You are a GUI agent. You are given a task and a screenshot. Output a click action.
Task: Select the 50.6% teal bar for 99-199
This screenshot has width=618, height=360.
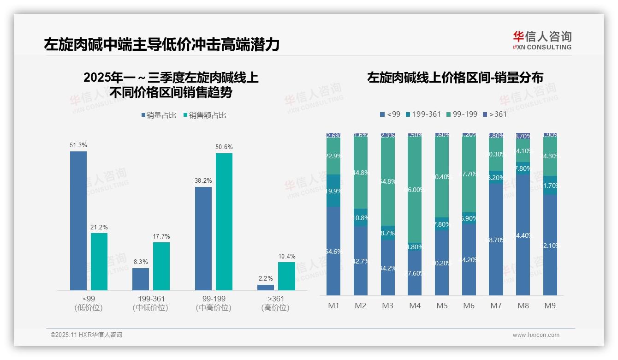tap(224, 222)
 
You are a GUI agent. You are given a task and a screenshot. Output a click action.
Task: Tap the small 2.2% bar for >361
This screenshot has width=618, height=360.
tap(266, 288)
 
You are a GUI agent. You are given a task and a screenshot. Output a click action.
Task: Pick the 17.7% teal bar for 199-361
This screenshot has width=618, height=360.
tap(161, 266)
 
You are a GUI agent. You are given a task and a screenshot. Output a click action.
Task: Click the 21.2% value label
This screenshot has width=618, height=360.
tap(99, 228)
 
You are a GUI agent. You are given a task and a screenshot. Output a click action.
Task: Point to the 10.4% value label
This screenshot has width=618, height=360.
tap(286, 257)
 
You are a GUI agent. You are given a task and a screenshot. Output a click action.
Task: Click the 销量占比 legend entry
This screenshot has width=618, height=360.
tap(159, 115)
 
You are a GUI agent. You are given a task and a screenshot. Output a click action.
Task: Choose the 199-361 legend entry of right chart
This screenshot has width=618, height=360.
tap(423, 114)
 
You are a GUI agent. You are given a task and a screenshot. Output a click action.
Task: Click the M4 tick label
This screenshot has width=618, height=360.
tap(415, 306)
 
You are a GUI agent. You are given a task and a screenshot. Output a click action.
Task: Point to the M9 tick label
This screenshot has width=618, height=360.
tap(550, 306)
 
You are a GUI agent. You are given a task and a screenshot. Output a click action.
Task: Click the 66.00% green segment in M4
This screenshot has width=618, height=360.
tap(415, 189)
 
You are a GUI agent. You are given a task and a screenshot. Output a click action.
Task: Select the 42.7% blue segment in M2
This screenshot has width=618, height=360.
tap(361, 261)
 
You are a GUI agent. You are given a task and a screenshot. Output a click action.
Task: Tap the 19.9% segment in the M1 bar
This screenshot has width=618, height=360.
tap(333, 191)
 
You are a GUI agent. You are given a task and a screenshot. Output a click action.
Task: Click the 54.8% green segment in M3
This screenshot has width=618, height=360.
tap(388, 181)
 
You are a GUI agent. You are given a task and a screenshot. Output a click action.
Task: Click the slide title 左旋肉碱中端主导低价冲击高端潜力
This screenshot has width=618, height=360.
tap(162, 45)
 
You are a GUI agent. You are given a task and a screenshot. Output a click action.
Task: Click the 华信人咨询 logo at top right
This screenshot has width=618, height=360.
tap(542, 41)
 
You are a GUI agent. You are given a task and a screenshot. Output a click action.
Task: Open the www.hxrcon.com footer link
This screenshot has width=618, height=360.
tap(536, 335)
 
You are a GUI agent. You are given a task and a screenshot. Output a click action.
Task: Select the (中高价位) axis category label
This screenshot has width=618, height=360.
tap(214, 308)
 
